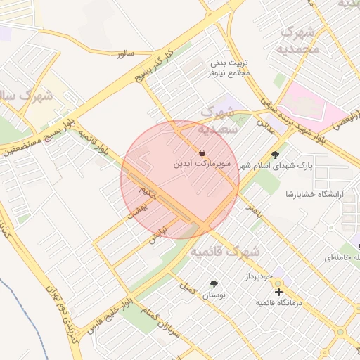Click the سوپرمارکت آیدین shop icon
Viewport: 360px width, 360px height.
point(202,153)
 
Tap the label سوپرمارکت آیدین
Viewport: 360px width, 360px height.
point(202,165)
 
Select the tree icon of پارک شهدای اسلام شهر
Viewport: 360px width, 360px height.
point(274,155)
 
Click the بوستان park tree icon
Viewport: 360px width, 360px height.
point(214,284)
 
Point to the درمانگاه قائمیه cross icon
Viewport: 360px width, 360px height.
point(278,291)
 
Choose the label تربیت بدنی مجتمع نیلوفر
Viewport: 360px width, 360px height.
point(229,67)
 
